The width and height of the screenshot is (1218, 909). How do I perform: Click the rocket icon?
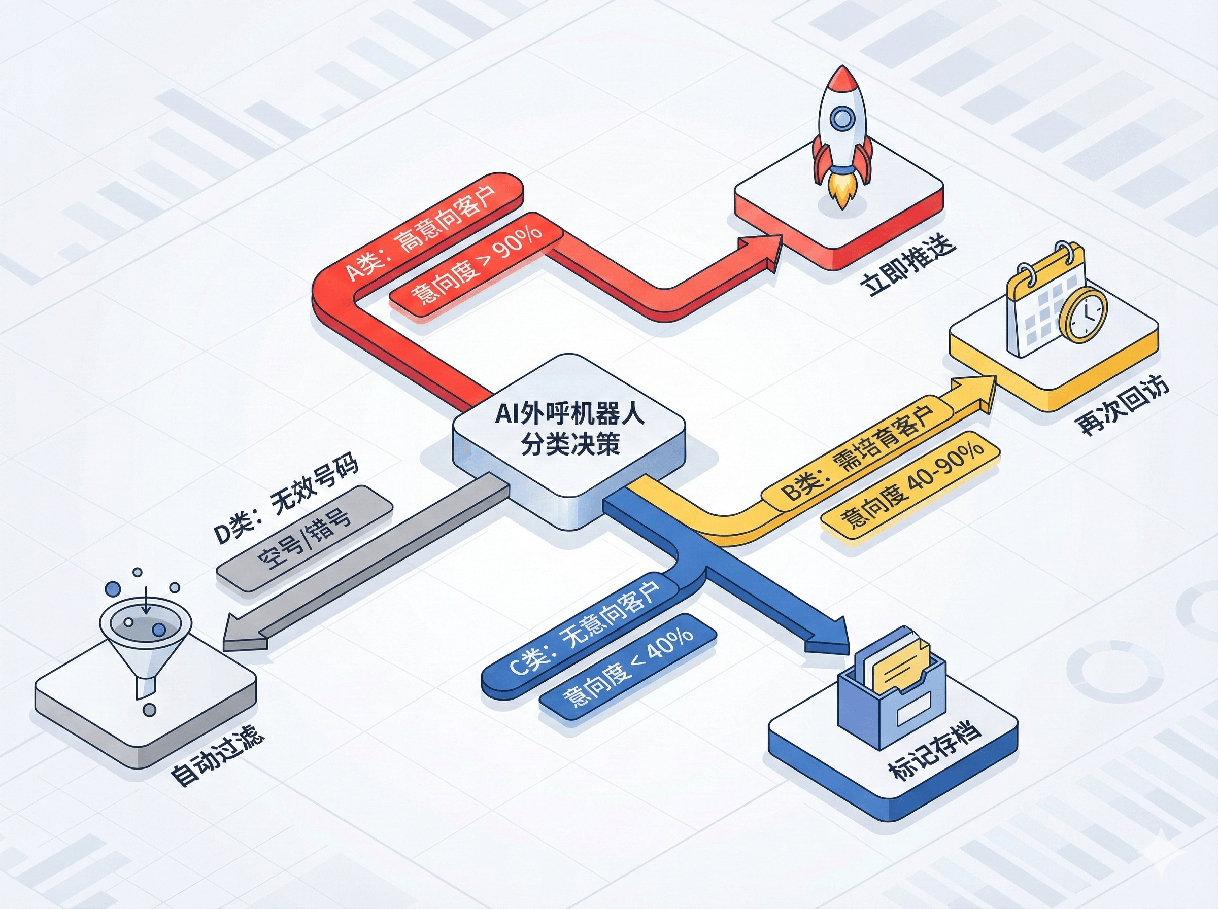pyautogui.click(x=842, y=135)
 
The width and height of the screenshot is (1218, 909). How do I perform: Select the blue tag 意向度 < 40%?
pyautogui.click(x=627, y=667)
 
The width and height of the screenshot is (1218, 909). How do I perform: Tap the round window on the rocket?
pyautogui.click(x=841, y=117)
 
